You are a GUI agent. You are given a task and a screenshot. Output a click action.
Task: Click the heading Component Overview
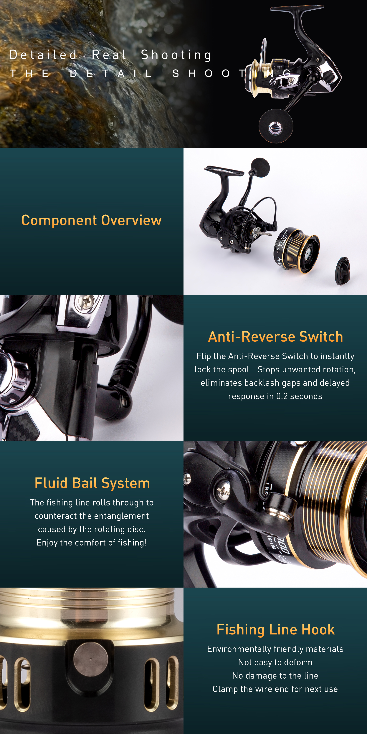pyautogui.click(x=91, y=220)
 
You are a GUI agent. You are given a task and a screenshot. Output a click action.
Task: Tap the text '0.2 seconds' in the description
pyautogui.click(x=299, y=396)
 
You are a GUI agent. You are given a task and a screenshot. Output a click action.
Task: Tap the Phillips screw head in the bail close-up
pyautogui.click(x=224, y=489)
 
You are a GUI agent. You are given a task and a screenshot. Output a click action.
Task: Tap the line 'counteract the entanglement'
pyautogui.click(x=92, y=516)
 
